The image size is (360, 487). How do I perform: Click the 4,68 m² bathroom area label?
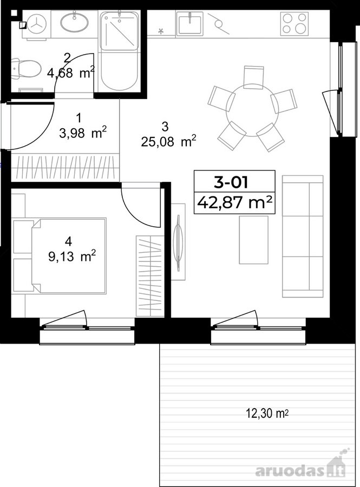[71, 73]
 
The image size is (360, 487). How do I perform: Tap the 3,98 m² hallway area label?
[83, 133]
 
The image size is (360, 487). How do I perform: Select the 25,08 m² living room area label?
[169, 142]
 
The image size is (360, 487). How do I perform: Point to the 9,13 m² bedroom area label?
[72, 256]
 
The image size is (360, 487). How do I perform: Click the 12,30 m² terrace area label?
[267, 413]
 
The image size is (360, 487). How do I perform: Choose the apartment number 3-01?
[231, 182]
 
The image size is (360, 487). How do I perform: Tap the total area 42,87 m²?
[235, 202]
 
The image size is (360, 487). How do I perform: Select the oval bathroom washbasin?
[74, 22]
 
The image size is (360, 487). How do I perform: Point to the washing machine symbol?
[36, 24]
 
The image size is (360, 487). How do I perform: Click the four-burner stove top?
[294, 23]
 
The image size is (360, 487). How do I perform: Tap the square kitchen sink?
[190, 23]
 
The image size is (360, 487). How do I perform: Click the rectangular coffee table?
[253, 240]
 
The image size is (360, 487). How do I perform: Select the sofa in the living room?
[303, 236]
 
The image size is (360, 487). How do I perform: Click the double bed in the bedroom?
[69, 255]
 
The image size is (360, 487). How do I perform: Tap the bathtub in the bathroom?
[119, 51]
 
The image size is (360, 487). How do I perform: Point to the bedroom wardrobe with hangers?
[150, 277]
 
